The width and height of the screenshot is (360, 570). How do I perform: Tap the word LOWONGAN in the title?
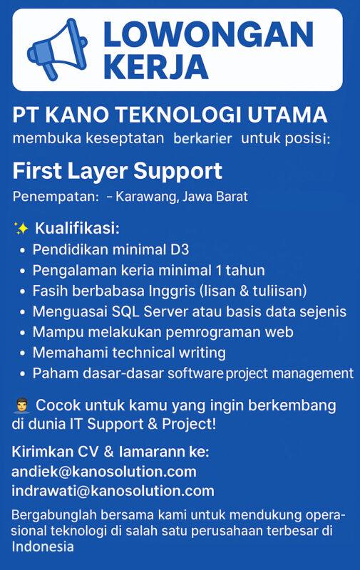point(207,35)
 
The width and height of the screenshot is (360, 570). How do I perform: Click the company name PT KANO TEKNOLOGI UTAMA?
point(170,114)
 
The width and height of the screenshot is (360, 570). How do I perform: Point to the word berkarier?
point(202,138)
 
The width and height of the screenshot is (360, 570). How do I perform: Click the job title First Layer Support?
point(118,171)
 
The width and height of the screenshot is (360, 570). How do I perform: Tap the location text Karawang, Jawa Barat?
point(182,197)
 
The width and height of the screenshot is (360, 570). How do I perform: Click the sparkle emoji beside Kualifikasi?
point(21,229)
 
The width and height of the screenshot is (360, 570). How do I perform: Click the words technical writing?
point(175,353)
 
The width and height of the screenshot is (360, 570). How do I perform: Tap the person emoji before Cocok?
point(21,405)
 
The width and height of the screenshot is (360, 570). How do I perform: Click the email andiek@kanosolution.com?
point(104,472)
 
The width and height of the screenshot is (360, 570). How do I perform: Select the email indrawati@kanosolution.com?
point(113,491)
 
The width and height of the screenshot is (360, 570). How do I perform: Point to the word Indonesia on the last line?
point(43,547)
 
